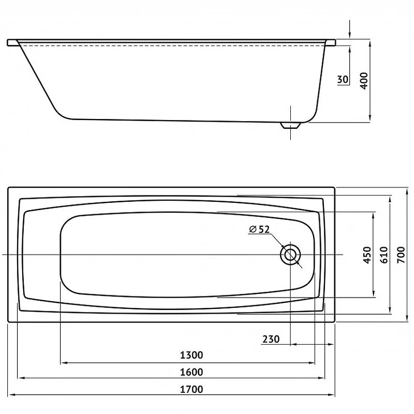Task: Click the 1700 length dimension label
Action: (191, 389)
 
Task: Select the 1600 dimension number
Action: (191, 372)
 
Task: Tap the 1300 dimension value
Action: (191, 355)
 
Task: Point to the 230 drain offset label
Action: (271, 339)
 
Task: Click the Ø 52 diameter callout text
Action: (259, 229)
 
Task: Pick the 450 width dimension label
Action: (367, 255)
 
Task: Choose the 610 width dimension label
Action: (384, 255)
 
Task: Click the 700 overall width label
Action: (401, 255)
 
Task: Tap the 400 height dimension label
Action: (364, 81)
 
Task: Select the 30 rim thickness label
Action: (343, 79)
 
